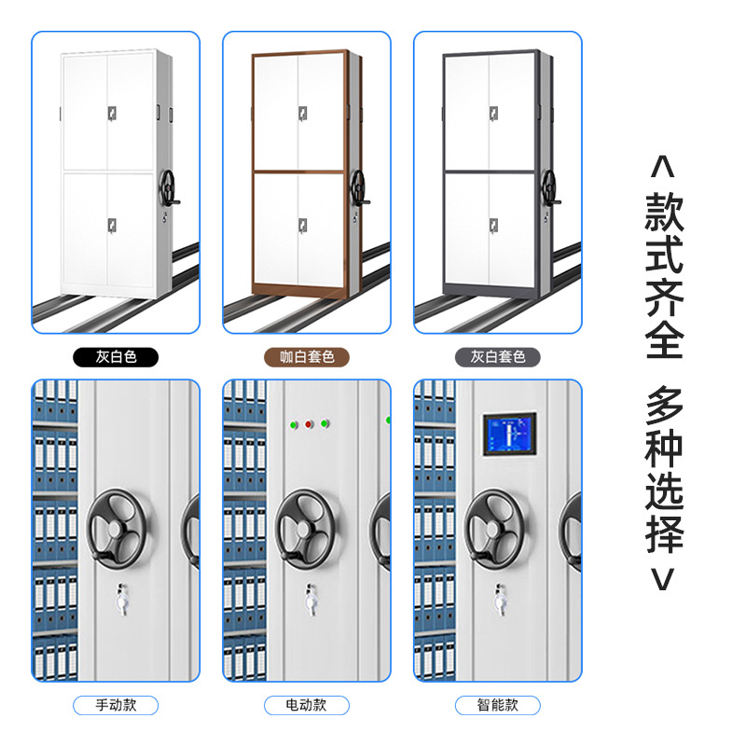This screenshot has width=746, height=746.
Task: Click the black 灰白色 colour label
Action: coord(116,356)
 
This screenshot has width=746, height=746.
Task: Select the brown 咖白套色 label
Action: coord(306,356)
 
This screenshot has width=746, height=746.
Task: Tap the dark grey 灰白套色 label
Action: coord(497,356)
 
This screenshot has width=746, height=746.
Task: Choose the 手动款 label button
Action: coord(116,705)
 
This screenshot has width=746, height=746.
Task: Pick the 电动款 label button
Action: coord(306,705)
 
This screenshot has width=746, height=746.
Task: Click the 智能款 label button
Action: coord(497,705)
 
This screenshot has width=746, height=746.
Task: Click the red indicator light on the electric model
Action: coord(308,424)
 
